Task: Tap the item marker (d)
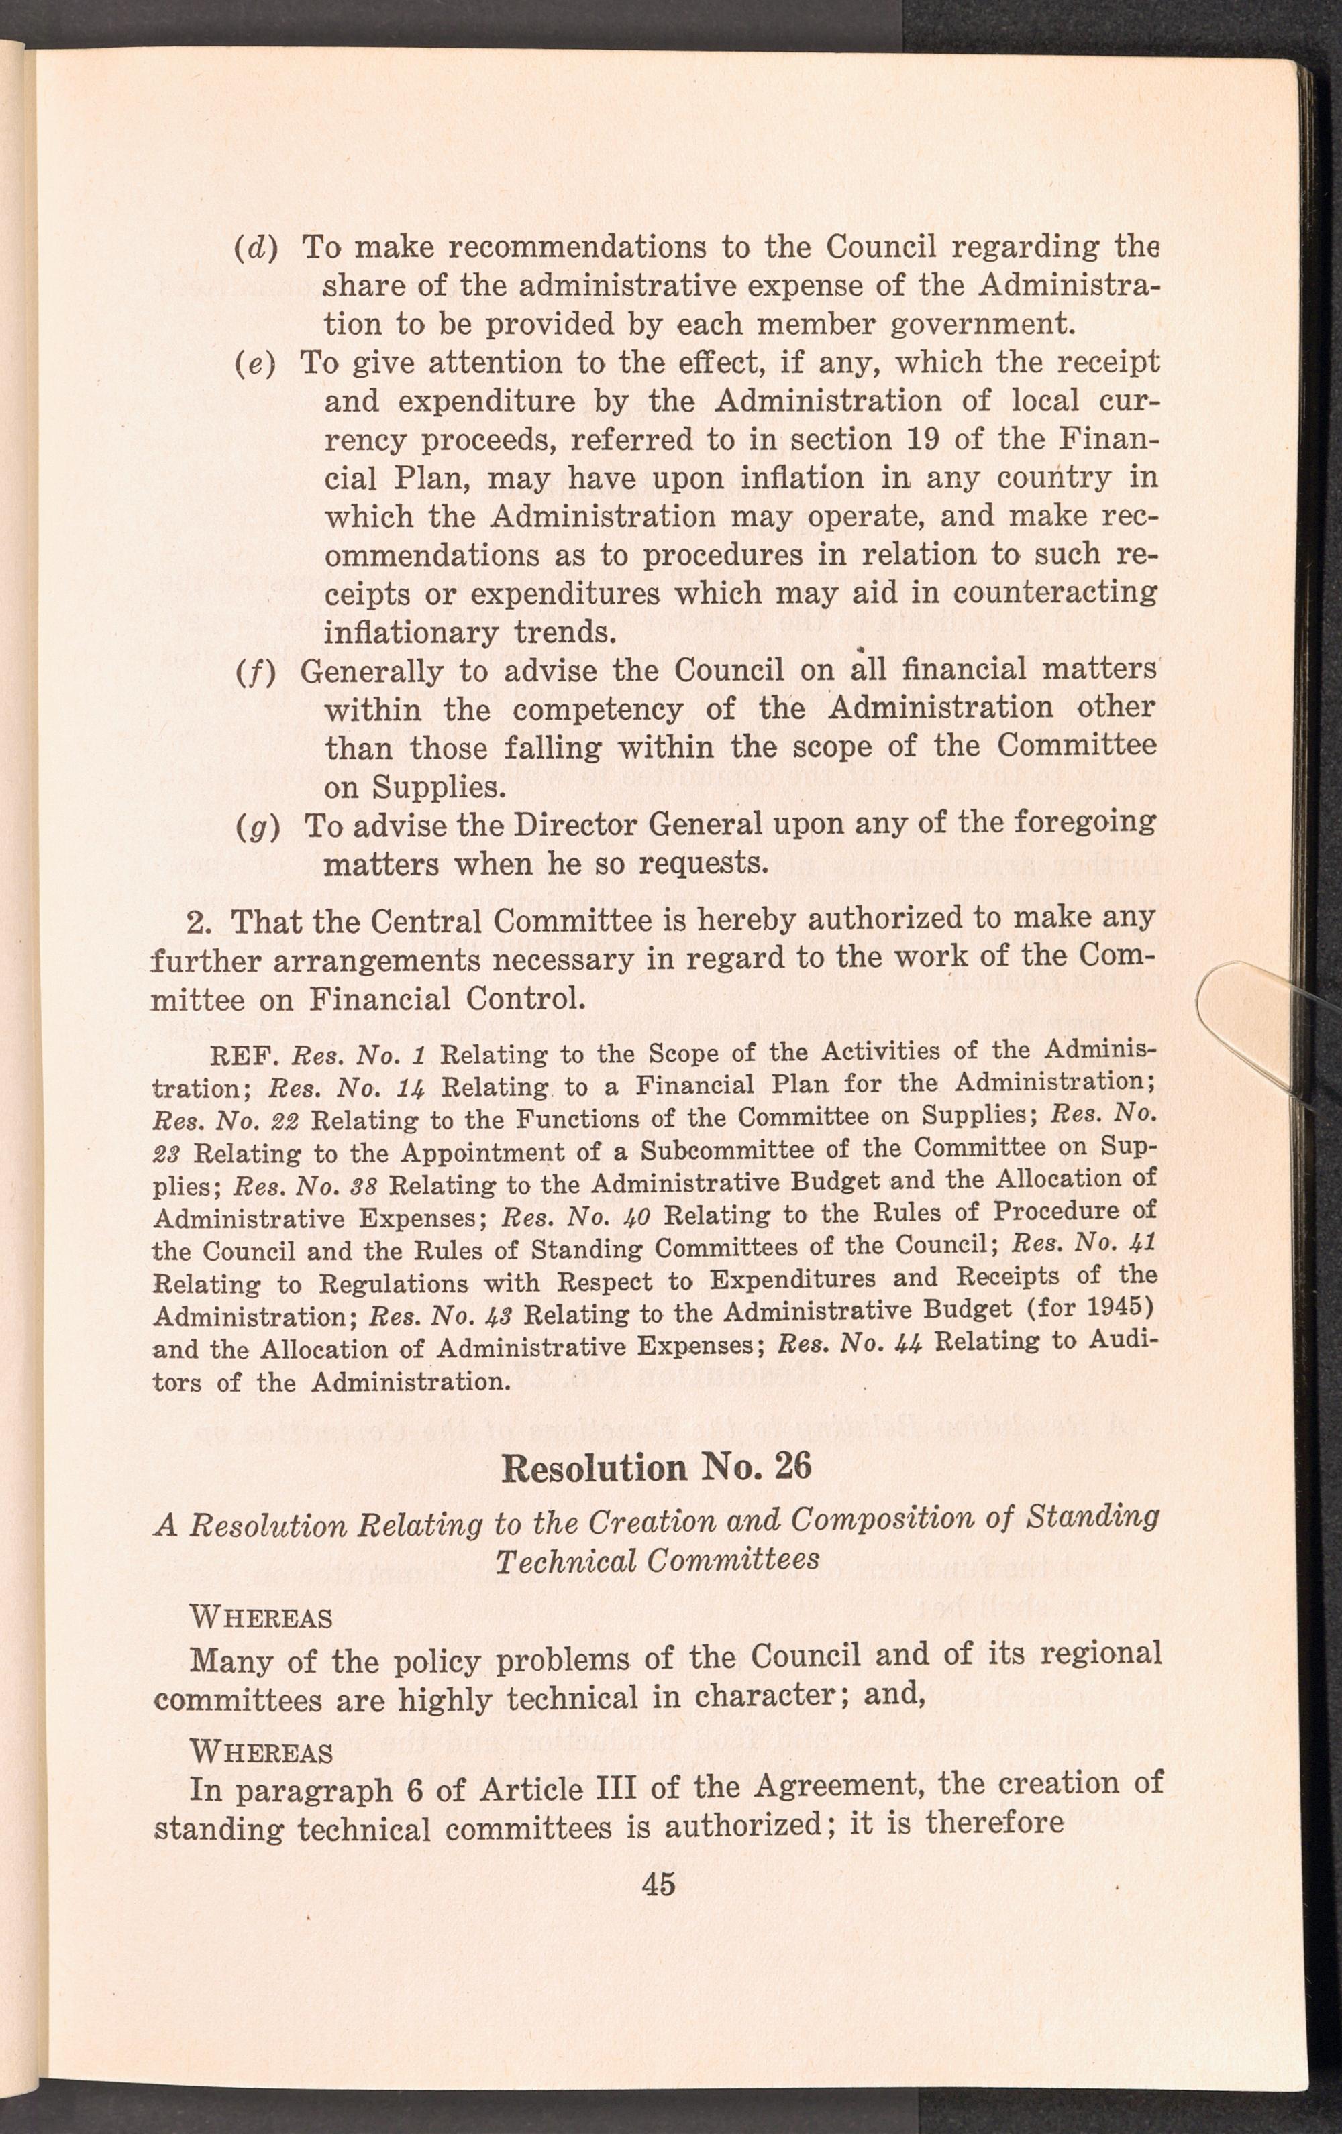256,247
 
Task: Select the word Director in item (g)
583,825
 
